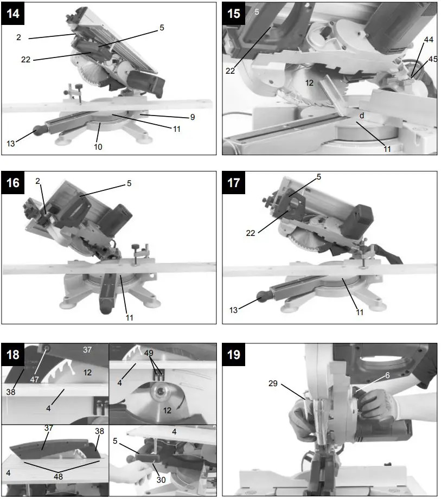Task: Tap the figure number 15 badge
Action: coord(234,14)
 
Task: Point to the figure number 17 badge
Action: coord(234,183)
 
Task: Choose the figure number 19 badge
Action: coord(234,355)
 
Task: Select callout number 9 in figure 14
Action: coord(193,117)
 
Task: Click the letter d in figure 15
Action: coord(360,116)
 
